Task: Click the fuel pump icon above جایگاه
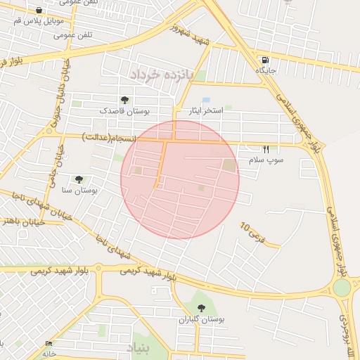pyautogui.click(x=264, y=60)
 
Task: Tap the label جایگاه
pyautogui.click(x=266, y=71)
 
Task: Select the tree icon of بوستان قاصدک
pyautogui.click(x=124, y=100)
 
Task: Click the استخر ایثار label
pyautogui.click(x=205, y=111)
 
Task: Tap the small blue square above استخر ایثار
pyautogui.click(x=206, y=101)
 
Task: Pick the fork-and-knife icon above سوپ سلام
pyautogui.click(x=266, y=149)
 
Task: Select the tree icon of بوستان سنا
pyautogui.click(x=79, y=179)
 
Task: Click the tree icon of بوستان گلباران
pyautogui.click(x=202, y=308)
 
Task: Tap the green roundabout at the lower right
pyautogui.click(x=342, y=288)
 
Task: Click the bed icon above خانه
pyautogui.click(x=49, y=343)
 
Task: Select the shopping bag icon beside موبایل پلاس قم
pyautogui.click(x=38, y=11)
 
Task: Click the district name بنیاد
pyautogui.click(x=139, y=348)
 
